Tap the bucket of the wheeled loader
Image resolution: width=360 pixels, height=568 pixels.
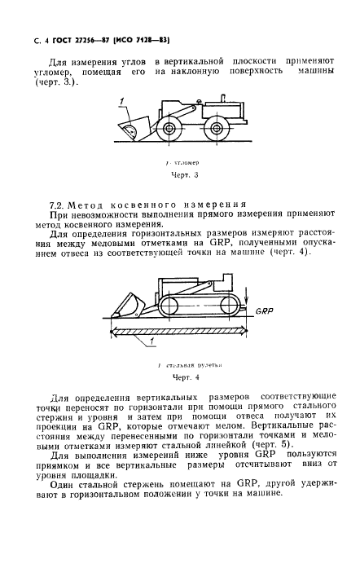[x=130, y=129]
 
